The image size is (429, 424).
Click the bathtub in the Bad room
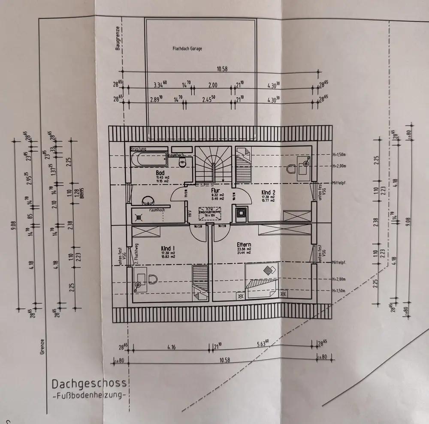[x=148, y=159]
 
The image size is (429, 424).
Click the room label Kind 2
[x=269, y=193]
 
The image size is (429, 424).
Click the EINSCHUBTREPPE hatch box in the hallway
[x=209, y=213]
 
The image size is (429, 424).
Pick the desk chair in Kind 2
[x=305, y=162]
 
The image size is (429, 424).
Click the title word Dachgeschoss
[x=89, y=383]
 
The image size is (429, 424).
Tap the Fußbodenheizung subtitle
[x=89, y=395]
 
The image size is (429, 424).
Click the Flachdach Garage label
[x=188, y=49]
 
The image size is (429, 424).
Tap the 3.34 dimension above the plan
[x=160, y=85]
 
